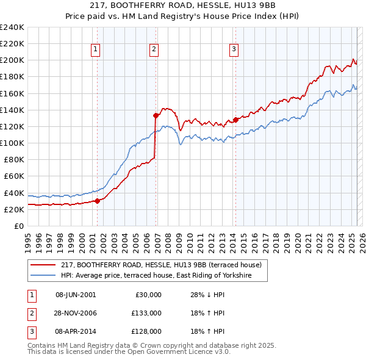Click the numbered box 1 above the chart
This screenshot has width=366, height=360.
coord(96,50)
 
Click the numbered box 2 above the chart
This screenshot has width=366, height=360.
coord(154,50)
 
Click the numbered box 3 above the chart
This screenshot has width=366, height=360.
coord(234,50)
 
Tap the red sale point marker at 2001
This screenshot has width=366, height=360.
coord(97,201)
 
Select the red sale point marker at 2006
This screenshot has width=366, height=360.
coord(156,115)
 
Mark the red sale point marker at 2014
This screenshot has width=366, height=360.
coord(235,120)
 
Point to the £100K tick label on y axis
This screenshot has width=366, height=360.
coord(12,143)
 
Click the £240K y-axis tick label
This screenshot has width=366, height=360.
coord(12,27)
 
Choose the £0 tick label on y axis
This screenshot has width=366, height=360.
coord(18,226)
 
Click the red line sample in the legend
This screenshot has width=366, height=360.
coord(43,265)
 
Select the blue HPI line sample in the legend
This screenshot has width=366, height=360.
coord(43,276)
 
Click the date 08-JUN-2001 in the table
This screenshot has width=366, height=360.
coord(76,295)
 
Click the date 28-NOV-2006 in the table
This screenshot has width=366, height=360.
coord(76,313)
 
